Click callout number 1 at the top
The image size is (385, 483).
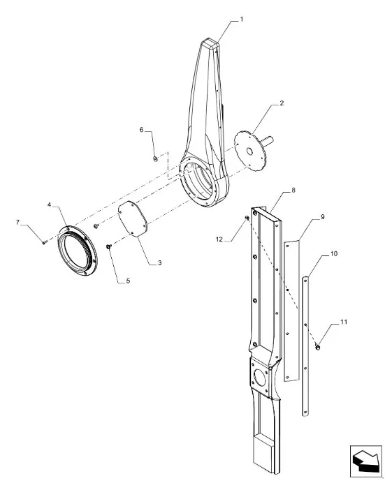[242, 19]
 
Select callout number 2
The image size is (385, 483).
[282, 103]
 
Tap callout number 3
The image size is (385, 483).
[160, 262]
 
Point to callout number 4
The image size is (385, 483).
[50, 205]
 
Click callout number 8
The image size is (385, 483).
[293, 190]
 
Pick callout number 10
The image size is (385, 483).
[334, 254]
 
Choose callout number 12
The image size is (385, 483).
[219, 239]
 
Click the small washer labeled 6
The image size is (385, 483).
[155, 159]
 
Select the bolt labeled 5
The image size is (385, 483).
[108, 246]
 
